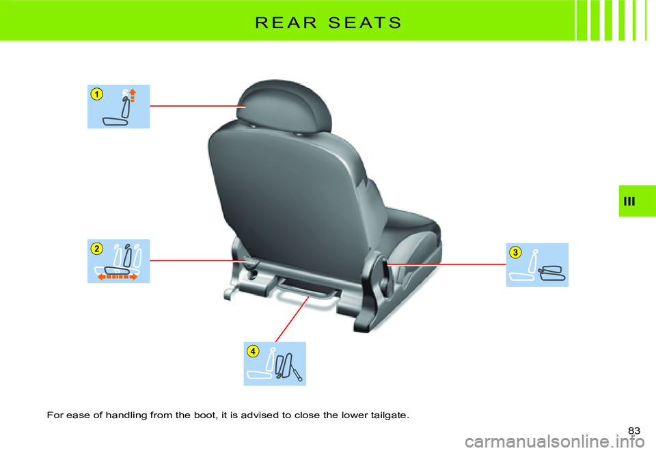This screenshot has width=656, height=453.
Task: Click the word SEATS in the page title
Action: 362,22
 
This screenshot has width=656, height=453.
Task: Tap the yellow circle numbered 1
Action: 98,94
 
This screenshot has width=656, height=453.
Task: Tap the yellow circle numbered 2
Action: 98,249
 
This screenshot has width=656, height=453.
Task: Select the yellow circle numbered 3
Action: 515,253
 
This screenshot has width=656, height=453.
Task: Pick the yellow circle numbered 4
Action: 253,351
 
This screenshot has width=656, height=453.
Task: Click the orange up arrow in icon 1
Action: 133,94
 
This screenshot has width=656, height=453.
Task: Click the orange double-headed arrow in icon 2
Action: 117,277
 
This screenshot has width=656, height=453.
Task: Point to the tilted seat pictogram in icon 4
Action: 285,366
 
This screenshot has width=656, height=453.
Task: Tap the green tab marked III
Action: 637,201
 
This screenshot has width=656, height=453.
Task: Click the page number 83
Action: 633,430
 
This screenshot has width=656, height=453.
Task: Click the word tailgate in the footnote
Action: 390,415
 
